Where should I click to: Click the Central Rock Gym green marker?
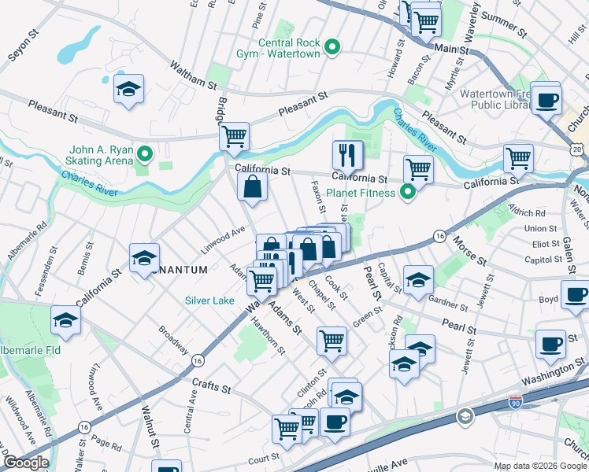click(332, 48)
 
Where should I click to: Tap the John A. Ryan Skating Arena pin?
click(144, 152)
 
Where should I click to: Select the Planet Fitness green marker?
click(407, 192)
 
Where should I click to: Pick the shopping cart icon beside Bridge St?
click(234, 135)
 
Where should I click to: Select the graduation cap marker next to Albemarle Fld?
click(65, 319)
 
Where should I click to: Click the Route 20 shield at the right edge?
click(579, 149)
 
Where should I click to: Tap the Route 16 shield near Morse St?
click(439, 236)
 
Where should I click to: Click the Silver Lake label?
click(209, 300)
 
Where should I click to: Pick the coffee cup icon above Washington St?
click(550, 342)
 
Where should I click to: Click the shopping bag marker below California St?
click(253, 187)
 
